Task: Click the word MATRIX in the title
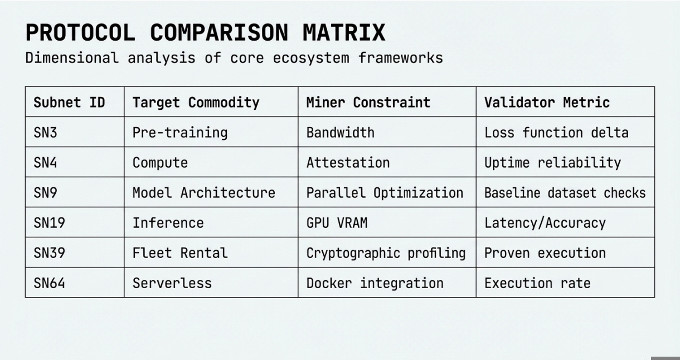(344, 32)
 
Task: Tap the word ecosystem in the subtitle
(311, 58)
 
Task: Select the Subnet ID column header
(69, 103)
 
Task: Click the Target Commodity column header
(196, 103)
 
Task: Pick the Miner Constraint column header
(368, 103)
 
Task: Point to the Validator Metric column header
(547, 103)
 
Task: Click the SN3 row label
(45, 133)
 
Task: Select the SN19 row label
(49, 223)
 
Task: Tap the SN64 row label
(49, 283)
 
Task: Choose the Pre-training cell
(180, 133)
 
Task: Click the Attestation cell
(348, 163)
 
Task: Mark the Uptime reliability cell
(553, 163)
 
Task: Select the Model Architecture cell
(204, 193)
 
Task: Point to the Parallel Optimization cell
(385, 193)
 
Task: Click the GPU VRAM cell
(337, 223)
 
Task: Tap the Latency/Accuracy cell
(545, 223)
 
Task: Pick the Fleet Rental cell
(180, 253)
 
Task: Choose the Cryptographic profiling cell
(386, 253)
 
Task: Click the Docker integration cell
(375, 283)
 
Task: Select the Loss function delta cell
(556, 133)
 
